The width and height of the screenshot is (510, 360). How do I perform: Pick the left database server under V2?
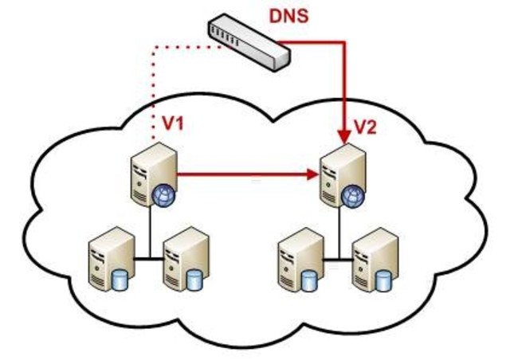click(x=300, y=260)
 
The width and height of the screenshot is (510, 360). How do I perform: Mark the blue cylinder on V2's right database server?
click(x=385, y=281)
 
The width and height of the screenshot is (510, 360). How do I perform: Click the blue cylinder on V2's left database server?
click(x=310, y=281)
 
